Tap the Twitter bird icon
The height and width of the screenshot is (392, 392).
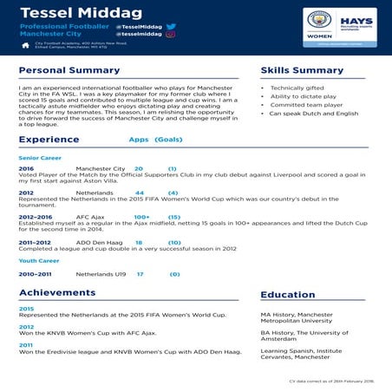tap(171, 27)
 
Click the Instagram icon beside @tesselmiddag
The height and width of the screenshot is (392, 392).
tap(171, 35)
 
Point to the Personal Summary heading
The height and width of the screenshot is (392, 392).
tap(69, 70)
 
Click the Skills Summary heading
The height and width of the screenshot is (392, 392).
tap(302, 70)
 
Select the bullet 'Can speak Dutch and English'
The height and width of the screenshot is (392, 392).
tap(313, 114)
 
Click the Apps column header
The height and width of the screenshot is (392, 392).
tap(139, 139)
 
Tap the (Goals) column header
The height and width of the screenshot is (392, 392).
tap(168, 139)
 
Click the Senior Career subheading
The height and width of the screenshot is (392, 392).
tap(40, 158)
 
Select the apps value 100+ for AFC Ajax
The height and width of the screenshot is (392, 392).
tap(141, 217)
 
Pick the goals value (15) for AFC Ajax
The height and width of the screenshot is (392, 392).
tap(173, 217)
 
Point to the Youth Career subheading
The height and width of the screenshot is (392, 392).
tap(39, 260)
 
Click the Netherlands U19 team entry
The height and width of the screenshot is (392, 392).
tap(101, 274)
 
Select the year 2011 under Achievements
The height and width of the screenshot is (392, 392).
tap(26, 344)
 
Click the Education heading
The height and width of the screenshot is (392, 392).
tap(288, 295)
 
